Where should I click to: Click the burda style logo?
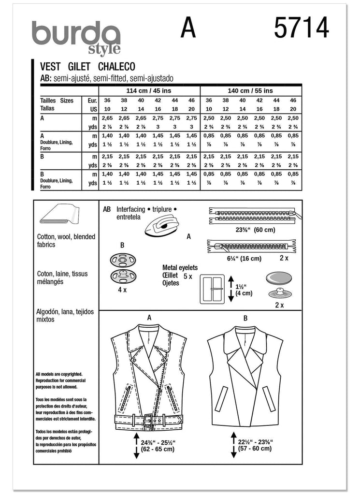(76, 38)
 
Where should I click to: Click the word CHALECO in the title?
(117, 67)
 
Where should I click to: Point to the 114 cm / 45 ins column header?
(149, 90)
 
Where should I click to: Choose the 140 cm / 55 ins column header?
(250, 90)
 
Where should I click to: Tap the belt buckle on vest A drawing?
(148, 420)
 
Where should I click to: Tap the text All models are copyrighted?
(58, 374)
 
